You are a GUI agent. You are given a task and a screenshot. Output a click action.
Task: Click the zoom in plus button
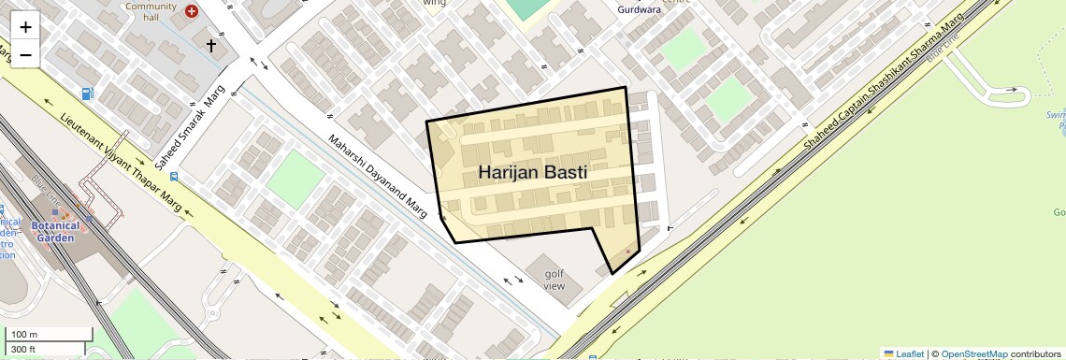tap(25, 27)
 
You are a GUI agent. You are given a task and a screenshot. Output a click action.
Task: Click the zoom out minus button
tap(25, 54)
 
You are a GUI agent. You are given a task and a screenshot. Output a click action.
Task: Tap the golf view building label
tap(555, 280)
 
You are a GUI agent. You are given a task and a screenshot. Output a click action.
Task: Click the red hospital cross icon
tap(192, 11)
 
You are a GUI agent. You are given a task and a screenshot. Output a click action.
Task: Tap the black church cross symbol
tap(211, 44)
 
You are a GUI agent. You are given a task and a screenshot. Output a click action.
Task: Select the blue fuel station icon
tap(87, 94)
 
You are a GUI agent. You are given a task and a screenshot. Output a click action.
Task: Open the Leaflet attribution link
tap(903, 353)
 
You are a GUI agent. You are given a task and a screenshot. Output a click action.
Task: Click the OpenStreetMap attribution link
tap(973, 353)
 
